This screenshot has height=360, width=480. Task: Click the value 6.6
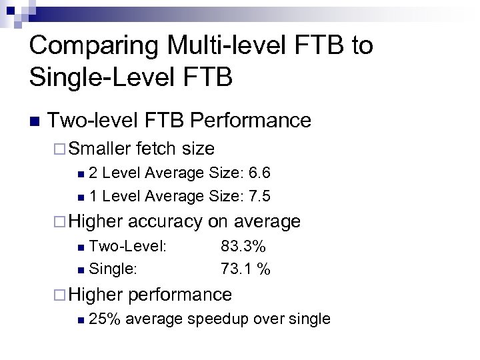click(259, 173)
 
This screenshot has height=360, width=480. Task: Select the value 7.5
click(259, 196)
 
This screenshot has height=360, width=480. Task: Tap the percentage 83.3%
click(243, 247)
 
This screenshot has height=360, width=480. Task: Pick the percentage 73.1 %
click(245, 269)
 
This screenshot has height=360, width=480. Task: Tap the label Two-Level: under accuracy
click(127, 247)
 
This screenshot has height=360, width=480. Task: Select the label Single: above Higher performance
click(113, 269)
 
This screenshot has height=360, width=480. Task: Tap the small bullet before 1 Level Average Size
click(81, 197)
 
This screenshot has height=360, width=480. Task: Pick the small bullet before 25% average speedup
click(81, 320)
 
